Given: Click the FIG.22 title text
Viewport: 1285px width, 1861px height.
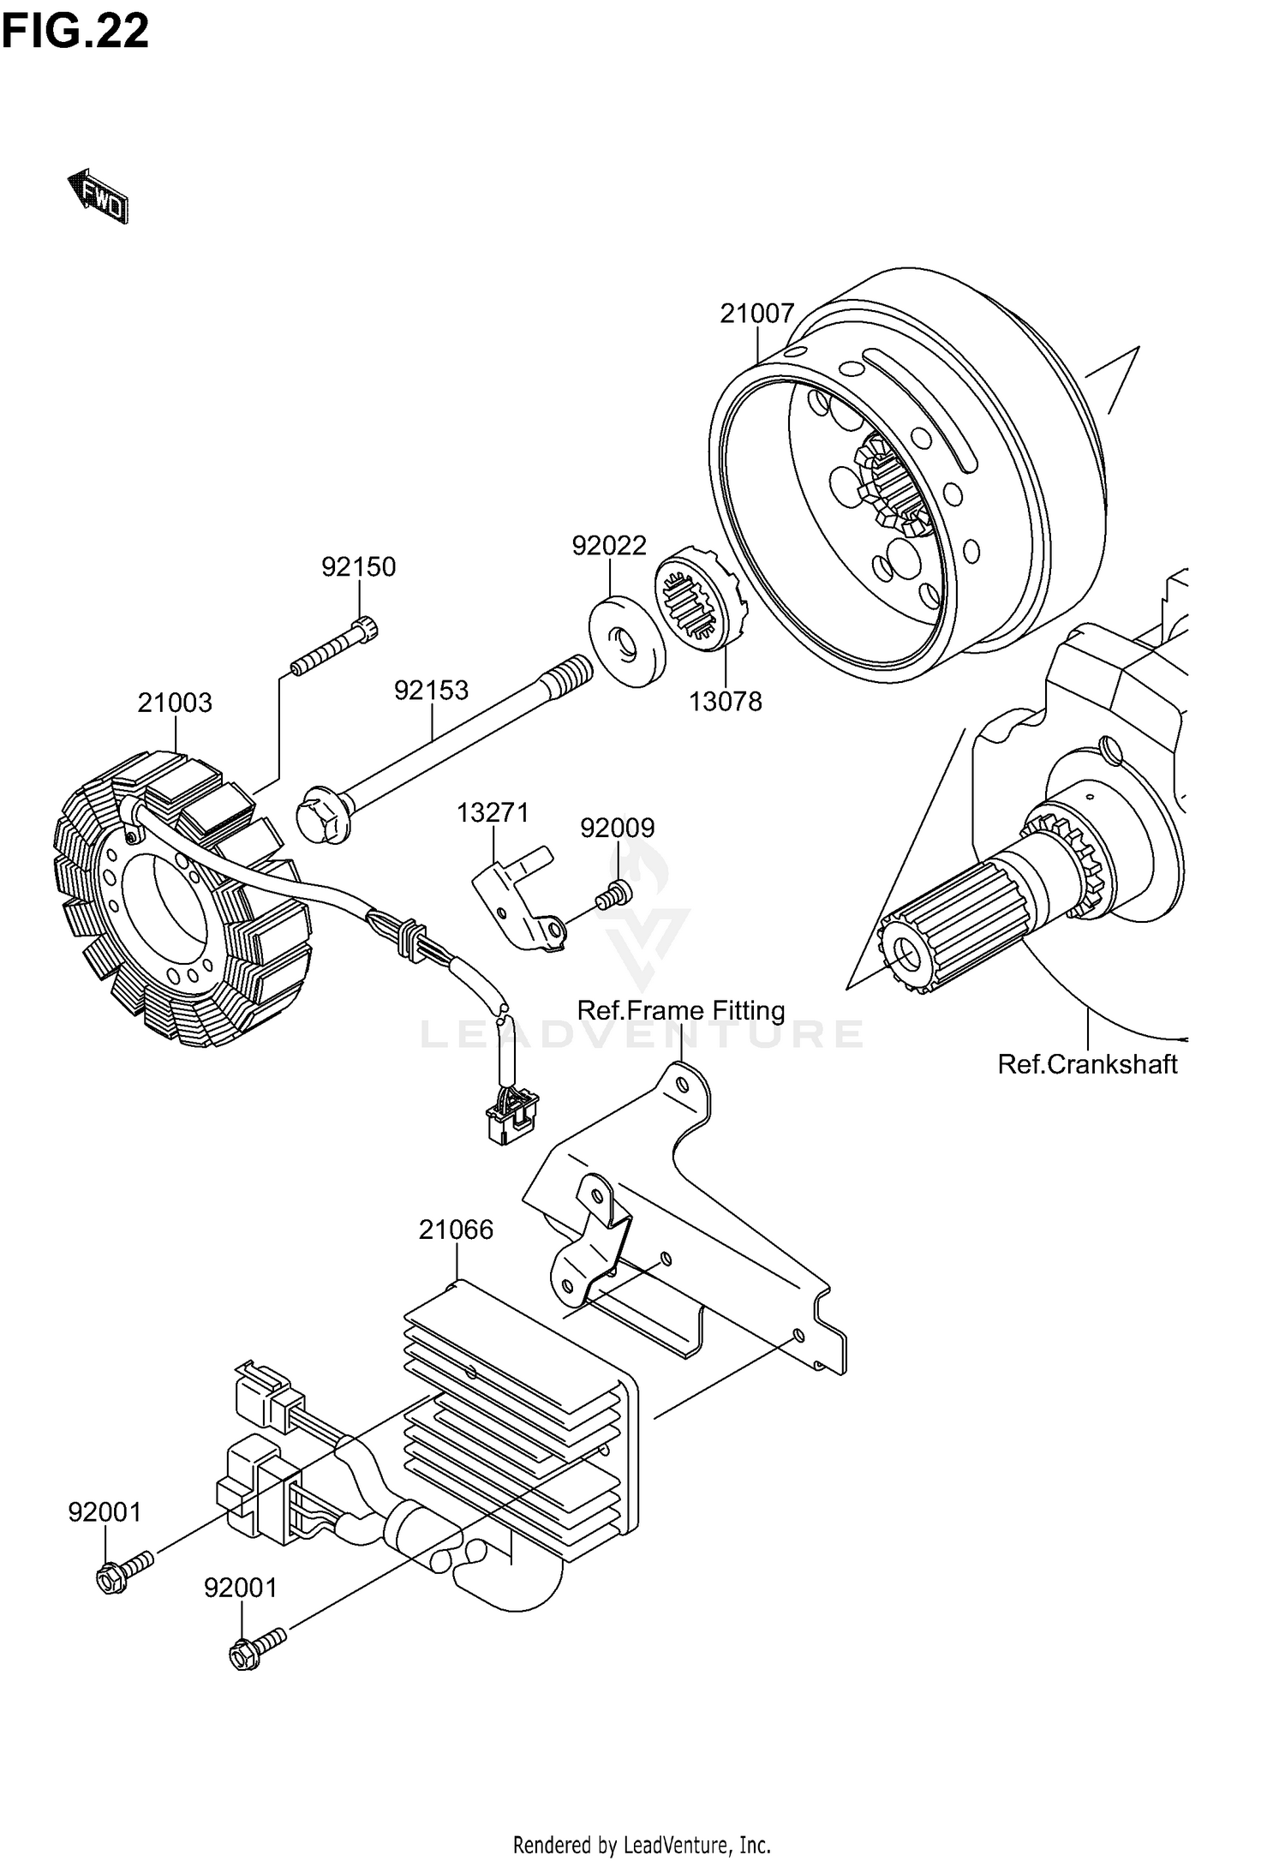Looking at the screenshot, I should [x=75, y=32].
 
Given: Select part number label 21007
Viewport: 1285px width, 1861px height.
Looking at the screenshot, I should [x=756, y=314].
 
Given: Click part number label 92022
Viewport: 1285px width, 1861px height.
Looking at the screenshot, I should [x=609, y=545].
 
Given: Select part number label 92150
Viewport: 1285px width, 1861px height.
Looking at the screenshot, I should [x=358, y=566].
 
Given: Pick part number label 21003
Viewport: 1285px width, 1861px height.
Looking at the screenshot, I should [x=175, y=703].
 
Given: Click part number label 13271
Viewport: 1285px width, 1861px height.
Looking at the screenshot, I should [x=493, y=812].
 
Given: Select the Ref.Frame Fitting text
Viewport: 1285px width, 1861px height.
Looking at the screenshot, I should [x=681, y=1011].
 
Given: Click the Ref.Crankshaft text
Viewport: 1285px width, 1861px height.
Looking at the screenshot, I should [x=1087, y=1064].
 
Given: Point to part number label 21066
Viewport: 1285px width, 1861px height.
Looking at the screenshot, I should [x=456, y=1230].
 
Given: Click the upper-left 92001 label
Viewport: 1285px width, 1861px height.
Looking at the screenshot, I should [x=105, y=1512].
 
